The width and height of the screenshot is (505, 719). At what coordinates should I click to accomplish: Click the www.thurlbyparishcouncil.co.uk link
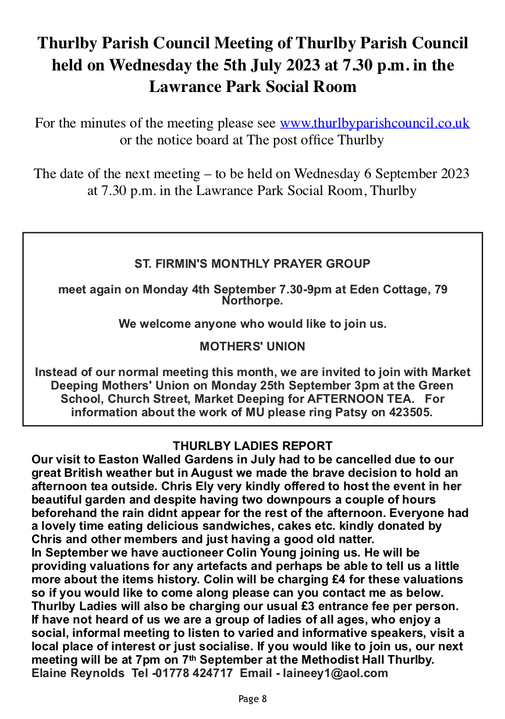click(x=375, y=123)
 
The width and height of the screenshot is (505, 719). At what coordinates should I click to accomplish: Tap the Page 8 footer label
click(x=252, y=699)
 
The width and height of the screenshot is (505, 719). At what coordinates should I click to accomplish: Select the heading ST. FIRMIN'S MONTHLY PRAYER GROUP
click(x=252, y=264)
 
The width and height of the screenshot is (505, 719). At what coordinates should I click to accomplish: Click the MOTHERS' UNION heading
click(x=252, y=346)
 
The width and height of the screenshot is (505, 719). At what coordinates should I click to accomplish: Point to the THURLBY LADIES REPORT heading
click(x=252, y=447)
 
